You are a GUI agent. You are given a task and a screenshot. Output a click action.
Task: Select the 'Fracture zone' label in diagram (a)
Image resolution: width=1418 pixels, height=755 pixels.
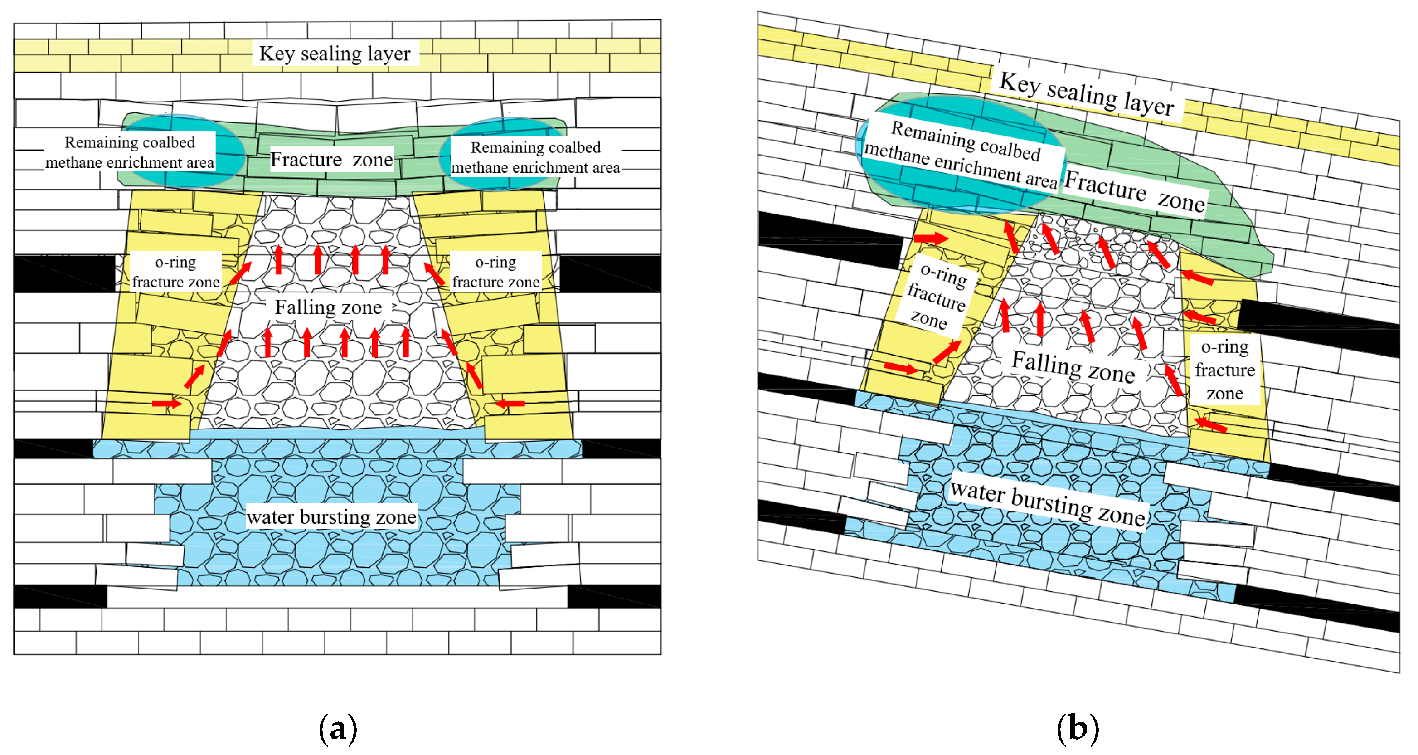[x=331, y=159]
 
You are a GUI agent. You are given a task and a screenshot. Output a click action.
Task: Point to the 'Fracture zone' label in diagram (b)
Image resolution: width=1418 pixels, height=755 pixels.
[x=1135, y=191]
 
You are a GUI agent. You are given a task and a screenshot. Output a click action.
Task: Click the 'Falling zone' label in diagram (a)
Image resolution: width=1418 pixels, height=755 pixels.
[x=328, y=307]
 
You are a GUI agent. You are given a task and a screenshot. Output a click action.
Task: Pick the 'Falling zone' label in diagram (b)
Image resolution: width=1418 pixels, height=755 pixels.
[x=1073, y=367]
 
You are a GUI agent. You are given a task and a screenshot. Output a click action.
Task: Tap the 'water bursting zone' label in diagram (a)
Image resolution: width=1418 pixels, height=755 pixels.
[x=331, y=516]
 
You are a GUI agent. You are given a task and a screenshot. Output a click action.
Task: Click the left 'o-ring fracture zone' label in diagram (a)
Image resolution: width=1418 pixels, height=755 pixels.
[x=175, y=272]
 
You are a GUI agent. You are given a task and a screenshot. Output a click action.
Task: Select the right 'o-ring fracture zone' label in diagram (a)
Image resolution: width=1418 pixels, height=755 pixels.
[x=495, y=272]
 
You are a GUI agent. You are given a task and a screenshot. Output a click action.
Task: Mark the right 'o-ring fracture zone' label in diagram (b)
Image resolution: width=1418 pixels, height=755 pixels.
[x=1225, y=370]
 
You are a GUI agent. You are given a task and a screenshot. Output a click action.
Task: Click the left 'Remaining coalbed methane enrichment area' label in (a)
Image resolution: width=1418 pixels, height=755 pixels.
[x=130, y=152]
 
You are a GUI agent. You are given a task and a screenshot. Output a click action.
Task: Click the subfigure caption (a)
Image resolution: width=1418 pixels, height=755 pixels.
[x=338, y=728]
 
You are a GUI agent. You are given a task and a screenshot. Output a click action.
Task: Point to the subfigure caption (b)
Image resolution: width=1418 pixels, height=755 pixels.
[x=1077, y=728]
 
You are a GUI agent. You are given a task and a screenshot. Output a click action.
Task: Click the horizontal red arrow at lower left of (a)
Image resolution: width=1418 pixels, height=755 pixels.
[x=167, y=404]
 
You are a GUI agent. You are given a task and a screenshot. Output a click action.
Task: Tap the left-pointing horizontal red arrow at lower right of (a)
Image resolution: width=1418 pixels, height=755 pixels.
[x=509, y=404]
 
